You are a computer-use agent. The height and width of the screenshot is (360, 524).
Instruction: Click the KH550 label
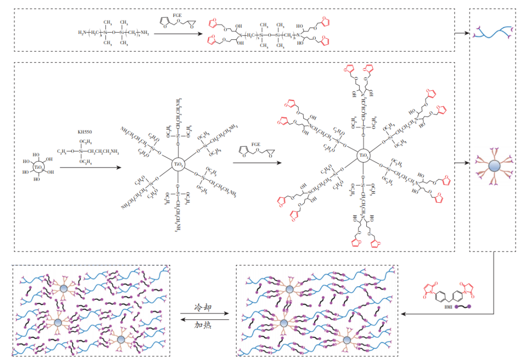(x=85, y=132)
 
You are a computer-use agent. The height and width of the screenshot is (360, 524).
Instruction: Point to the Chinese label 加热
(x=203, y=324)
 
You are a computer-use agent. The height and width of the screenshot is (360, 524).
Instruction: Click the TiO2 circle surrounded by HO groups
(x=38, y=167)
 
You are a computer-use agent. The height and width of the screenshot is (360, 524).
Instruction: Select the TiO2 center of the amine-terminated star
(x=178, y=165)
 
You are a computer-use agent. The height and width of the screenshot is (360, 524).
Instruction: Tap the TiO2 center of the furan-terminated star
(x=363, y=156)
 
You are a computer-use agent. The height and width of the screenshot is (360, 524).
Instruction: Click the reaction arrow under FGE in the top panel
(x=180, y=33)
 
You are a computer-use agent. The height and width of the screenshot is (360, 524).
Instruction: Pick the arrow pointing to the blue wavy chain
(x=462, y=33)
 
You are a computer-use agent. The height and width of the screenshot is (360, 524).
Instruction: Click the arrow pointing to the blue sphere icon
(x=462, y=164)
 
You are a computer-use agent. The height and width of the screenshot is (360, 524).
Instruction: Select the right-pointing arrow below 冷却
(x=204, y=314)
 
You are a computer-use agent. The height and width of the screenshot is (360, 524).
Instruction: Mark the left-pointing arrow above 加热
(x=204, y=319)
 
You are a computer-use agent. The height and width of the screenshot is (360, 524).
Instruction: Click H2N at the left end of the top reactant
(x=83, y=33)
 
